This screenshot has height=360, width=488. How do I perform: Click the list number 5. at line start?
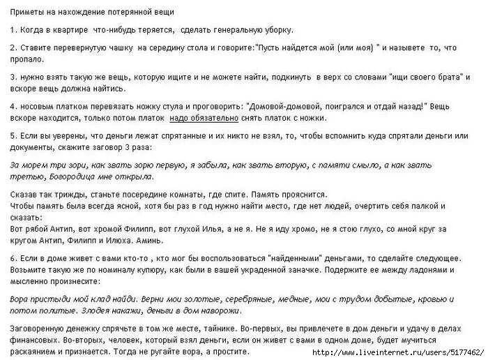tap(14, 135)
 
